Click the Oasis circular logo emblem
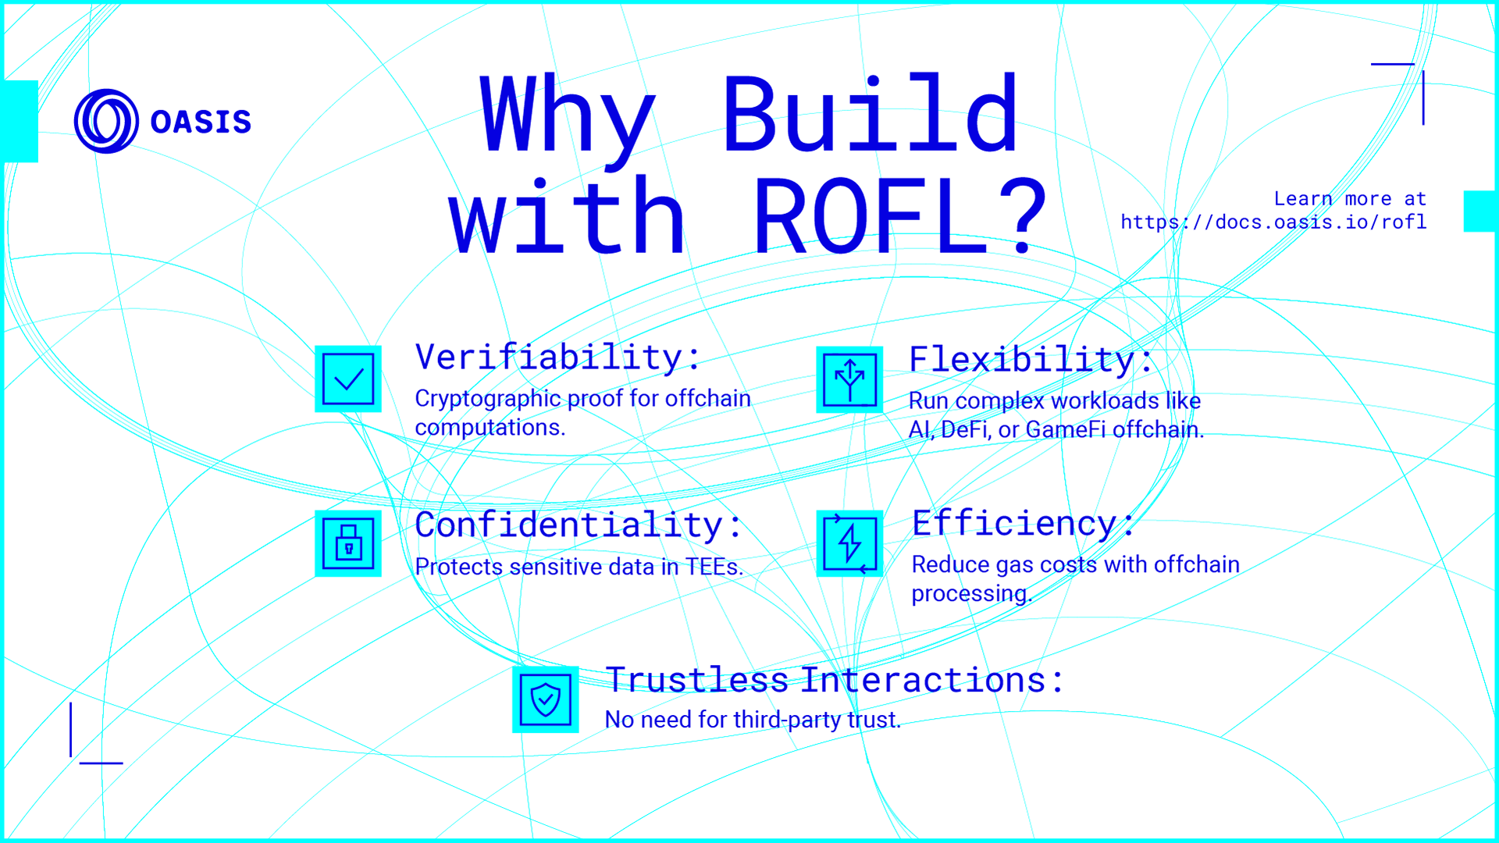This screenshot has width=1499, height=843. tap(106, 121)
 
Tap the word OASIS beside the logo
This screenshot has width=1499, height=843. tap(201, 123)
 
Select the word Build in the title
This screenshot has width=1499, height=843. tap(871, 116)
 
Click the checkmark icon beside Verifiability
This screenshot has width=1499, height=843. tap(348, 379)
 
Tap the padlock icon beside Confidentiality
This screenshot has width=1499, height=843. tap(348, 543)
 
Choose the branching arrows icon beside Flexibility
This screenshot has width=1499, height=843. tap(849, 380)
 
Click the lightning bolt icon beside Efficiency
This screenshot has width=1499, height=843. tap(849, 543)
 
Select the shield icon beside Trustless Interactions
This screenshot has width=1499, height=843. tap(545, 699)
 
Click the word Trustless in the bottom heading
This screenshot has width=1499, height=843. tap(696, 680)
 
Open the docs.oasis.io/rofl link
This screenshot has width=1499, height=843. tap(1273, 222)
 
